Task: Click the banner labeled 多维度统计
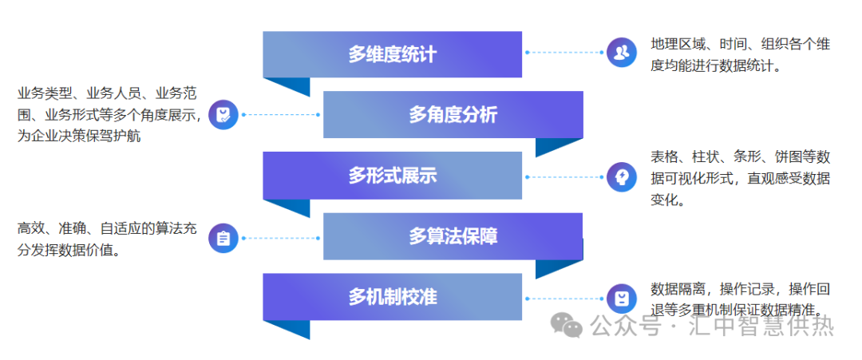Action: tap(392, 54)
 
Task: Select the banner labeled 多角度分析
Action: tap(453, 115)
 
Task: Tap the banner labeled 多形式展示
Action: tap(392, 176)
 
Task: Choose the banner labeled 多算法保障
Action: tap(453, 236)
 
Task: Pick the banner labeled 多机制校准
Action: tap(392, 297)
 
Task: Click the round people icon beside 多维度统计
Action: tap(621, 53)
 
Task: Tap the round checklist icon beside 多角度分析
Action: tap(223, 114)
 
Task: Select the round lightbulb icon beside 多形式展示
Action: tap(621, 176)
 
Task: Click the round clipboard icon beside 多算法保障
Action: tap(223, 237)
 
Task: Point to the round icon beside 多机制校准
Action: tap(621, 299)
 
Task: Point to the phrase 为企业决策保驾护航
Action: tap(79, 136)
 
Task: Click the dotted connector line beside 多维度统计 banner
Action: tap(563, 53)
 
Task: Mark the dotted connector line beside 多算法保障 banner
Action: tap(279, 237)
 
